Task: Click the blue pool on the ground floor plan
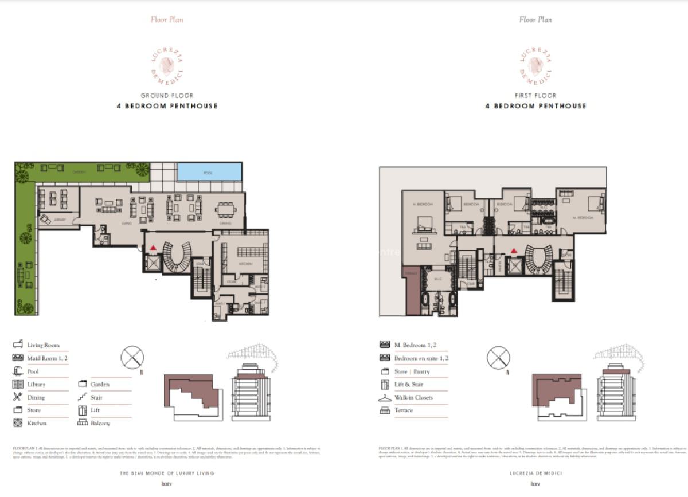click(209, 171)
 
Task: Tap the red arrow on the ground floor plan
click(153, 248)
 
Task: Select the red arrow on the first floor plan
click(514, 251)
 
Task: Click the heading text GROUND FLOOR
click(167, 96)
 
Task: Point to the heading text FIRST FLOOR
click(535, 96)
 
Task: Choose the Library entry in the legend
click(36, 384)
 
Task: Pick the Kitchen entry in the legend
click(37, 423)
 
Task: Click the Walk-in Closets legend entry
click(413, 397)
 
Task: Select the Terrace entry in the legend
click(404, 410)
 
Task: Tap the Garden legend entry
click(99, 384)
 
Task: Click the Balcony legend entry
click(100, 423)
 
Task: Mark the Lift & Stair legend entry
click(408, 384)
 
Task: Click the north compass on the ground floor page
click(132, 358)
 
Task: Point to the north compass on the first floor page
click(498, 358)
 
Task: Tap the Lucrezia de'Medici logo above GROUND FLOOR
click(167, 66)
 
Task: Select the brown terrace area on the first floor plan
click(412, 291)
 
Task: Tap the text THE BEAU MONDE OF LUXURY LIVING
click(167, 473)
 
